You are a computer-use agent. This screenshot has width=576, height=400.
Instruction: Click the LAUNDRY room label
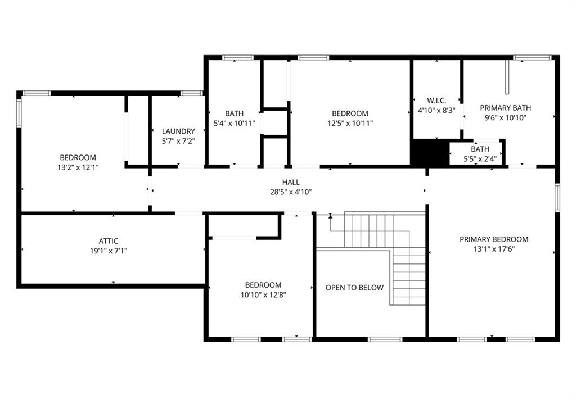178,131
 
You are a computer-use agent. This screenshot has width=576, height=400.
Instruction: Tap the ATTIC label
109,241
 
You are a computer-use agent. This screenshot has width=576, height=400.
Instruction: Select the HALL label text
291,182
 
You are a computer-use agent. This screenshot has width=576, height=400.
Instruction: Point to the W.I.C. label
436,101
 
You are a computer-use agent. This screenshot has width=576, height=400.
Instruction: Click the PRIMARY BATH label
506,108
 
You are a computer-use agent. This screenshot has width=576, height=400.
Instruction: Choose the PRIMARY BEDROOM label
494,239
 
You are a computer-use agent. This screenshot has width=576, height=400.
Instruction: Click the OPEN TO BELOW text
354,288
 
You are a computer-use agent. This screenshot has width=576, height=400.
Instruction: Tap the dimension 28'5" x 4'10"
291,192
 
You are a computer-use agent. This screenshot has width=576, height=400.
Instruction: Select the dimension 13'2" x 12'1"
78,168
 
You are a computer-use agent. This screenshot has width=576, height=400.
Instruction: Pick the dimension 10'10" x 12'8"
263,295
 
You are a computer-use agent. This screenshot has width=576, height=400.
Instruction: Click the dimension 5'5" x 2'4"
480,159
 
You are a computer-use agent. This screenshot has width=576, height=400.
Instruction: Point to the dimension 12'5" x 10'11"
350,123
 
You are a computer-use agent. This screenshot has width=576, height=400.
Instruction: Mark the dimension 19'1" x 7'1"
109,251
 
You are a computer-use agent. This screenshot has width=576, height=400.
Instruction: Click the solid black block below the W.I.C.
430,153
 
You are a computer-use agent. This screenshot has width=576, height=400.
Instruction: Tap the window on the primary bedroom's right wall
557,198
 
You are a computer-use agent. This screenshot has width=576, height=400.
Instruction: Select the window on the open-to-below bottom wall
385,339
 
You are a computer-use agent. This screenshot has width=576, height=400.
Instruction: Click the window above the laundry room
191,93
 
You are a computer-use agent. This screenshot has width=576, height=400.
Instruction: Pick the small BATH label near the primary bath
480,149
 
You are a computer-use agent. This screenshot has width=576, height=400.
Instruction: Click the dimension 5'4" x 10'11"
235,123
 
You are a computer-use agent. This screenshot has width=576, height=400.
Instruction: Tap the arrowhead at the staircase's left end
330,216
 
